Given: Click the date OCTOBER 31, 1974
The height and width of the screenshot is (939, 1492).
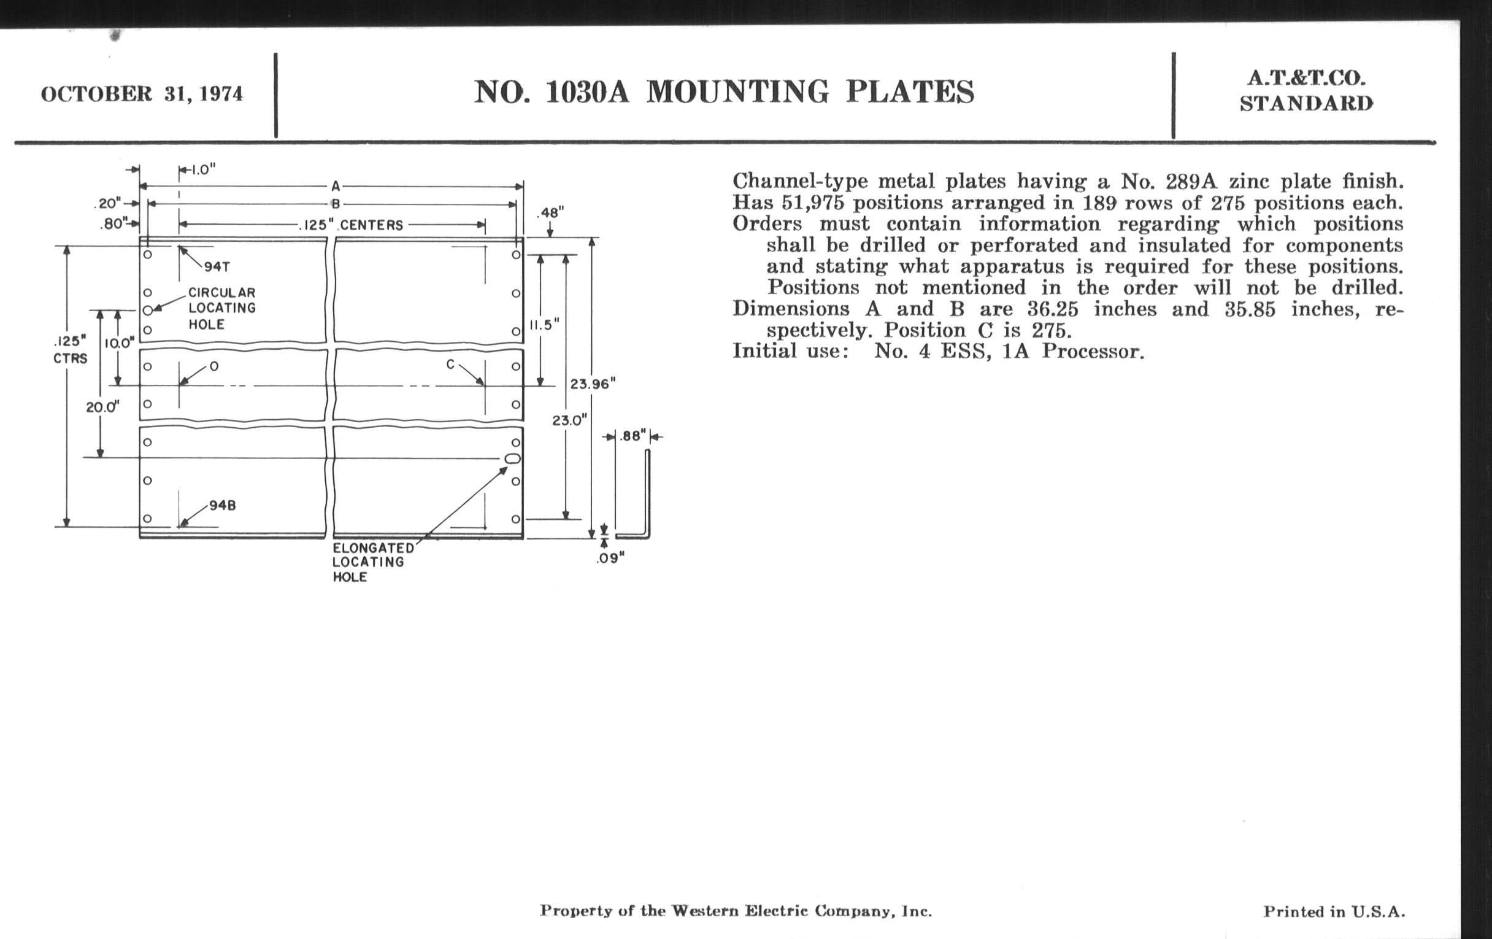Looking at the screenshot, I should click(142, 95).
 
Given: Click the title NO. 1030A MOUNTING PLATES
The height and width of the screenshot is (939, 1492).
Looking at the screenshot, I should click(724, 91).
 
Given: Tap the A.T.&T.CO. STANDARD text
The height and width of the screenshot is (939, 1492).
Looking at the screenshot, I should click(1306, 90).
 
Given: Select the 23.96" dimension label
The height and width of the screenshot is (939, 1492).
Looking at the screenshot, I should click(593, 384).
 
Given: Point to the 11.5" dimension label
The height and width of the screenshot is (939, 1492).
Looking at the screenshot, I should click(544, 325).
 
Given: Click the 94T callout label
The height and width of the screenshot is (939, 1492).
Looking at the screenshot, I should click(217, 267).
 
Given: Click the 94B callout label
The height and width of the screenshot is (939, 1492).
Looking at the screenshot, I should click(223, 505).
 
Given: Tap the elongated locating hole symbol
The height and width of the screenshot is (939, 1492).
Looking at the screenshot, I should click(512, 458).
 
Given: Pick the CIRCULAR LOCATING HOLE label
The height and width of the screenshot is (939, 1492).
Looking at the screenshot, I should click(222, 308).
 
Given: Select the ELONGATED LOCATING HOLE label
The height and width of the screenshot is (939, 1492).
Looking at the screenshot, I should click(372, 562).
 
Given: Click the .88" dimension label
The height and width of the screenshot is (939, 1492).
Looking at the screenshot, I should click(633, 436).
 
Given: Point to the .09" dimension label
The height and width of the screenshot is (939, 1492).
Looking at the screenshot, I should click(610, 558).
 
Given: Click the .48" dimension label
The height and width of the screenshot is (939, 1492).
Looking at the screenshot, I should click(550, 213).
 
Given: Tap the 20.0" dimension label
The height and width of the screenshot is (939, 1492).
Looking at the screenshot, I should click(103, 408).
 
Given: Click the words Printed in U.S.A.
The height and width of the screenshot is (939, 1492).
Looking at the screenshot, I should click(1334, 912).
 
